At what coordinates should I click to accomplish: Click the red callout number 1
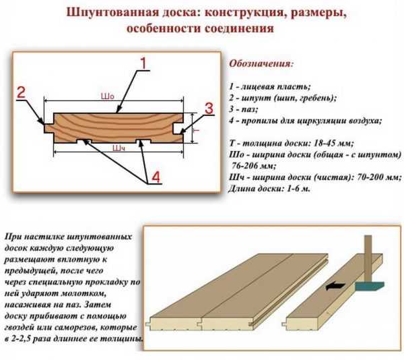click(x=143, y=63)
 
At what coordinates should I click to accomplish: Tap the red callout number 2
click(x=22, y=92)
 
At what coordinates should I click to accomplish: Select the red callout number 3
click(x=209, y=109)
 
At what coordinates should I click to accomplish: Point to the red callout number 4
click(x=156, y=177)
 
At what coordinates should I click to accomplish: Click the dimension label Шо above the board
click(x=107, y=96)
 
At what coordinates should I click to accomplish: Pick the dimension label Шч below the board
click(x=119, y=148)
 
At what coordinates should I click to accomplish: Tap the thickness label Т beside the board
click(x=197, y=131)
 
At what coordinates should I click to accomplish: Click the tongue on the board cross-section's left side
click(x=48, y=128)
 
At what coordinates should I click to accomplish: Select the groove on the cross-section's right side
click(x=178, y=128)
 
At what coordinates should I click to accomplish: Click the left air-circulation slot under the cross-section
click(x=83, y=142)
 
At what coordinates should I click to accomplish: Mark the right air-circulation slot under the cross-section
click(x=143, y=142)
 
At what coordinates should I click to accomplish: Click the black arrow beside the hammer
click(x=335, y=286)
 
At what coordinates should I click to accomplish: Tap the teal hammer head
click(x=370, y=286)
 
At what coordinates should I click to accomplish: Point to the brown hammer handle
click(x=368, y=258)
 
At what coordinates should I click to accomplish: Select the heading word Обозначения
click(x=261, y=63)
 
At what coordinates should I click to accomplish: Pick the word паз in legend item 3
click(x=249, y=109)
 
